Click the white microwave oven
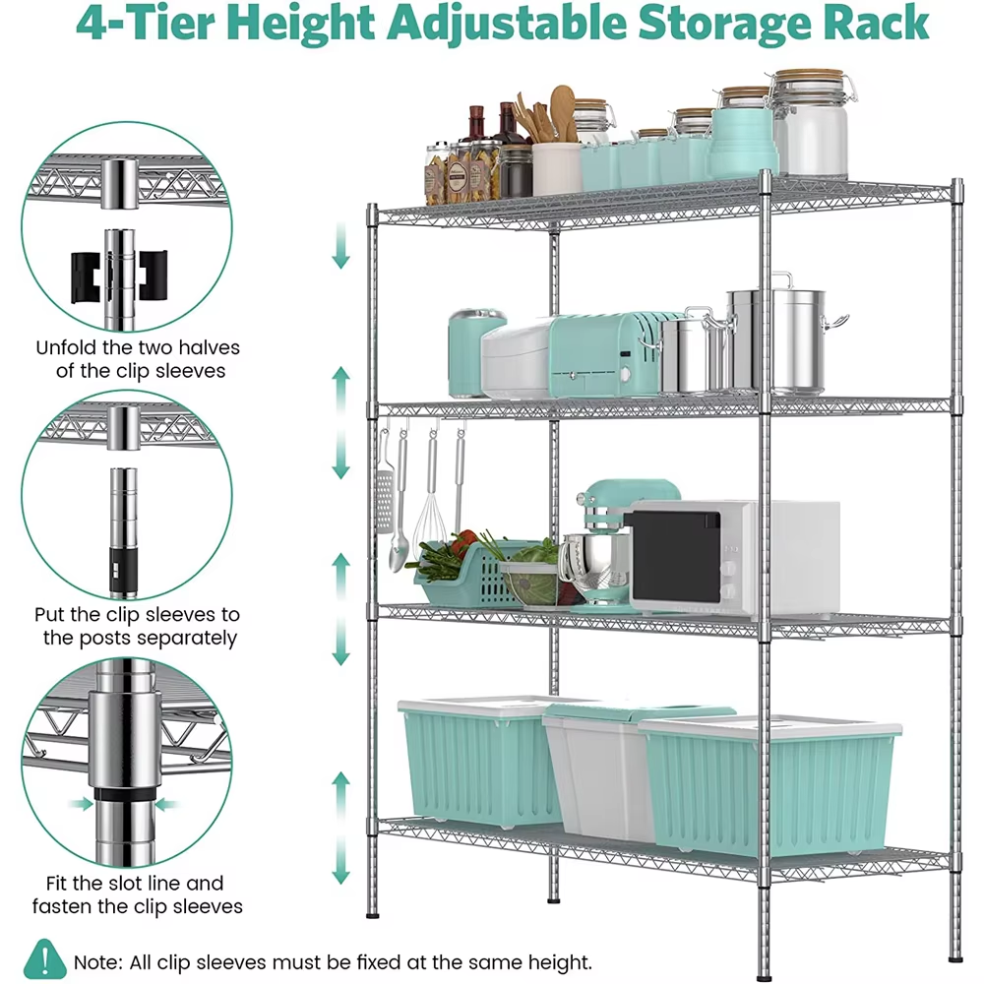(734, 559)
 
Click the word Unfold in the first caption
(65, 347)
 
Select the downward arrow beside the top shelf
(340, 245)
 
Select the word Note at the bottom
(97, 962)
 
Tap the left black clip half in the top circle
(86, 277)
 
